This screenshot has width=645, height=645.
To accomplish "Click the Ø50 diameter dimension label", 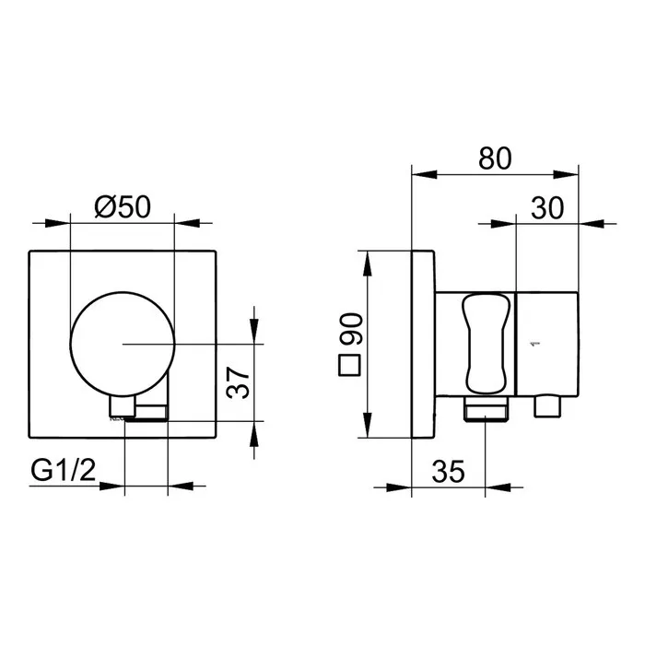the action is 123,207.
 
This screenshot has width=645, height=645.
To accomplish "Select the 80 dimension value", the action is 495,158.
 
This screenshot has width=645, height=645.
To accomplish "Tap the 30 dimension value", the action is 547,208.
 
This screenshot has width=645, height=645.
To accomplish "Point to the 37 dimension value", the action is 238,382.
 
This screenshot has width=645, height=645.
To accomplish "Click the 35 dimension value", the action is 449,472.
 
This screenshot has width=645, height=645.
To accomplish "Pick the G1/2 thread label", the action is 64,470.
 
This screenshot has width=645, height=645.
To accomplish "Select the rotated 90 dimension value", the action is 350,329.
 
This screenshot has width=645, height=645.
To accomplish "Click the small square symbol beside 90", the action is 349,365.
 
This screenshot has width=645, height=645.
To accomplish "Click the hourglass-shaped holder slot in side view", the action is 486,344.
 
